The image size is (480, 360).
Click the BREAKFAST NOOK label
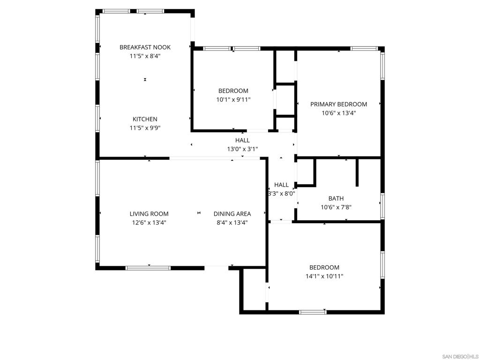coord(145,47)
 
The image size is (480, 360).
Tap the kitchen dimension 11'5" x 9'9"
coord(145,128)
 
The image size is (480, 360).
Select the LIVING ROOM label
coord(149,214)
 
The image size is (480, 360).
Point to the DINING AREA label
coord(232,214)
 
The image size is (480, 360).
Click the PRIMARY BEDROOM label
coord(338,104)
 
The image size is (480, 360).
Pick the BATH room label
coord(336,198)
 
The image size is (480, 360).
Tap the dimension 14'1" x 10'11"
coord(324,276)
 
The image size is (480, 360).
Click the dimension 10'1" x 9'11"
coord(233,99)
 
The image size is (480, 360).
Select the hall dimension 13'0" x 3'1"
coord(242,149)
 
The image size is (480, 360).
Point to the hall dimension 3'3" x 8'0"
coord(281,194)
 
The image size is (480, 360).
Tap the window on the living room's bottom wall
coord(148,268)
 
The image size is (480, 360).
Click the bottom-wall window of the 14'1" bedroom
coord(313,312)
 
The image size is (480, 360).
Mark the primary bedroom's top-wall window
coord(364,48)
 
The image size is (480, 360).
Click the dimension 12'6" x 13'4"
coord(149,223)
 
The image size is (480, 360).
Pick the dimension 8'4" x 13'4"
coord(232,223)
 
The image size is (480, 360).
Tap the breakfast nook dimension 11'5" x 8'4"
coord(145,56)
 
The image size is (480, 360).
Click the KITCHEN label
coord(145,119)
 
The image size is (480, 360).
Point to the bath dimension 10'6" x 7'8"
coord(336,207)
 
